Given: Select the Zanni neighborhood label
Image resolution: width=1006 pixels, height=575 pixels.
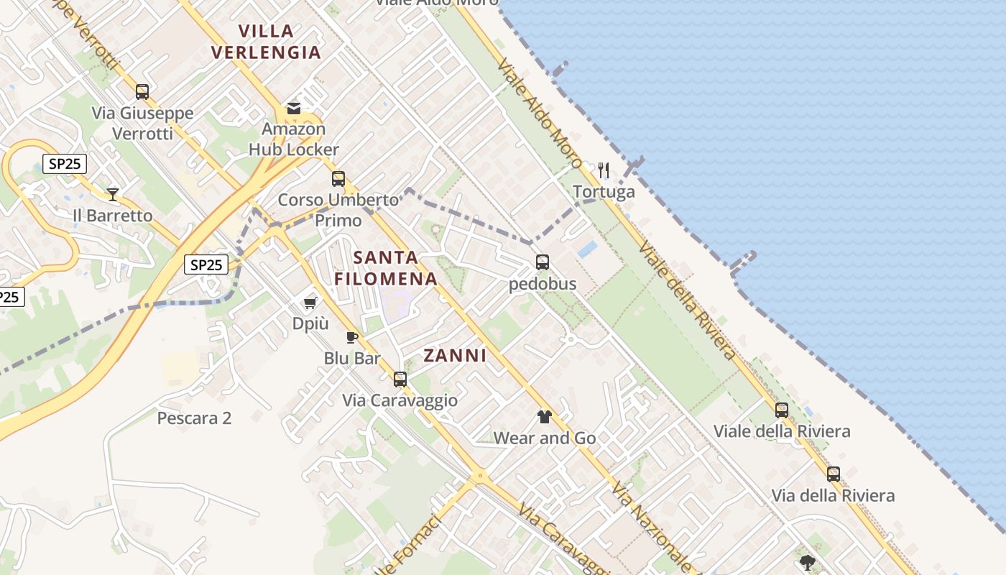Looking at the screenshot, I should [455, 356].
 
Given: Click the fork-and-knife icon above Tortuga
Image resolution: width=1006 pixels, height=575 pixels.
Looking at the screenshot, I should [604, 170].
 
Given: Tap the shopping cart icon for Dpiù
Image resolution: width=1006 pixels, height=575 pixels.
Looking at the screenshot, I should [310, 303].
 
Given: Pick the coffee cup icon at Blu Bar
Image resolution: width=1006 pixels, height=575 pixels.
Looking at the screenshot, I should [352, 337].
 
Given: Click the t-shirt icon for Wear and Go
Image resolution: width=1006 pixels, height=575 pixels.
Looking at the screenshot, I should [544, 417].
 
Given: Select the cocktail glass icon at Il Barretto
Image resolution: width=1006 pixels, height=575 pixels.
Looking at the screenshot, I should [113, 194].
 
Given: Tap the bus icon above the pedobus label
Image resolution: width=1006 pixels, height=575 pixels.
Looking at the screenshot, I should [543, 262].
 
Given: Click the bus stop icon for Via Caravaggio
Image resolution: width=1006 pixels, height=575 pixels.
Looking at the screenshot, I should [400, 379].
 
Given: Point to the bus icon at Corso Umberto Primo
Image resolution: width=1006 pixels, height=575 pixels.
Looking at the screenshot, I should [338, 179].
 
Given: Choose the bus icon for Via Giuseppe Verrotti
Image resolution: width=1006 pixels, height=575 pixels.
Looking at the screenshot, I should [142, 91].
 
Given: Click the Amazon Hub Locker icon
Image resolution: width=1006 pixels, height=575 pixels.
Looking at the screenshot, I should [294, 109].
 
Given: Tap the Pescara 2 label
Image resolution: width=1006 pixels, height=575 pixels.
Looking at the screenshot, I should [194, 418].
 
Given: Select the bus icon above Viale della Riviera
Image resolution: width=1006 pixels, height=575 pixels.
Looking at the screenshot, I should [782, 410].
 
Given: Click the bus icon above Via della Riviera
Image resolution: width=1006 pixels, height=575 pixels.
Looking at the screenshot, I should [834, 474].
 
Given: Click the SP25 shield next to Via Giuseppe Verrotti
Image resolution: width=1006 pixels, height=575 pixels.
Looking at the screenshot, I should [65, 164].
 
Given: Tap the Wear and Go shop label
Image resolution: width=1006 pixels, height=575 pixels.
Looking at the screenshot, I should [545, 438].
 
